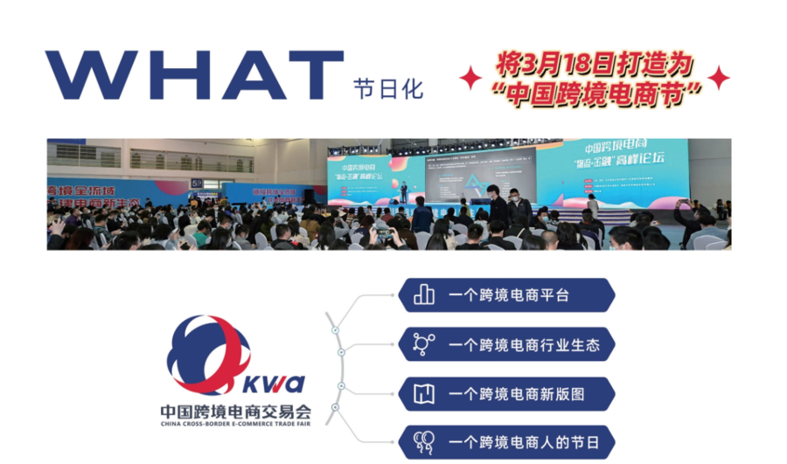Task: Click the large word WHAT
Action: (x=194, y=76)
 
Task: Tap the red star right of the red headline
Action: (x=719, y=79)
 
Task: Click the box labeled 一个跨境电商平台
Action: (x=506, y=295)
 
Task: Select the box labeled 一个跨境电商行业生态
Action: (x=506, y=344)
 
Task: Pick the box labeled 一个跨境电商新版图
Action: (x=506, y=394)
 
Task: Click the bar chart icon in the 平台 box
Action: (x=424, y=295)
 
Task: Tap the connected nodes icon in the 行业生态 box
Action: (x=424, y=344)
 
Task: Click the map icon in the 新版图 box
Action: (x=424, y=394)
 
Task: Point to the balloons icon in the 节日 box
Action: (x=424, y=442)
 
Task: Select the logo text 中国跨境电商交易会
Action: (x=235, y=409)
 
